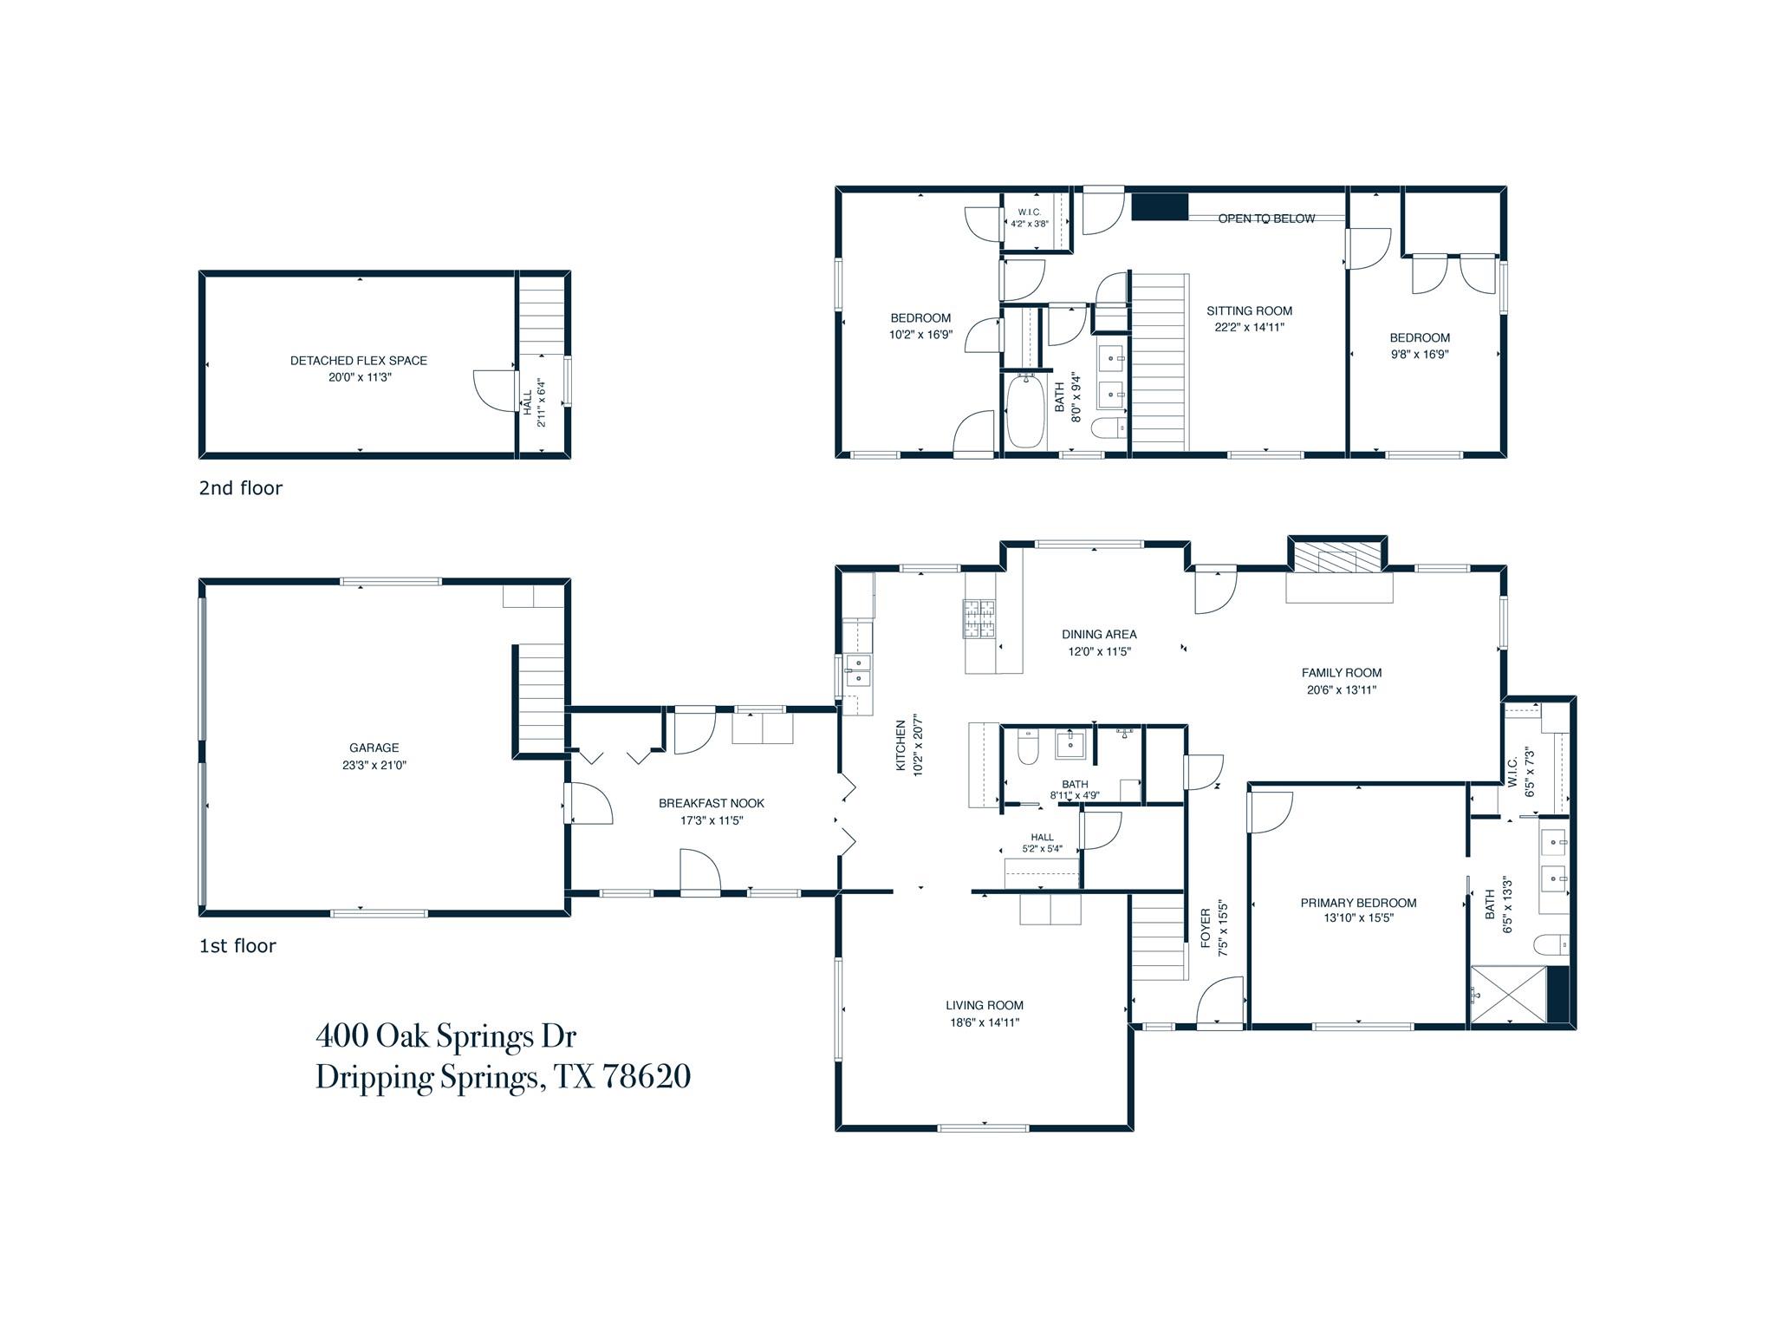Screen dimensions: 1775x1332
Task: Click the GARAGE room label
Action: point(374,748)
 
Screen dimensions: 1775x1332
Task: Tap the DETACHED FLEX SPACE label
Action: point(359,361)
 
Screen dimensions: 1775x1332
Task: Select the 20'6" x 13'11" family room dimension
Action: point(1342,690)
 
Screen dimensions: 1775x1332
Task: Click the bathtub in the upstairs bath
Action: point(1025,410)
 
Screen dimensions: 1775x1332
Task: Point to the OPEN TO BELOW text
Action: point(1266,219)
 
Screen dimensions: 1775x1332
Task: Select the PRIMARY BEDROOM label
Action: point(1358,903)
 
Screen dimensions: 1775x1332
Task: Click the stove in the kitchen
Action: point(980,620)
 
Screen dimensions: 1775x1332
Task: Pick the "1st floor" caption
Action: point(237,946)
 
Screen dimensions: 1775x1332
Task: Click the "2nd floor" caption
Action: point(241,488)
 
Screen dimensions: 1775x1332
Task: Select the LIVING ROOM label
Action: point(985,1005)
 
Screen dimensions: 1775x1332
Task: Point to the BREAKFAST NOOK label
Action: point(712,803)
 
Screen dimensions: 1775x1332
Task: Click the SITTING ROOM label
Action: point(1249,310)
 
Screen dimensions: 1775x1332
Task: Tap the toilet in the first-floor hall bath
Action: point(1028,748)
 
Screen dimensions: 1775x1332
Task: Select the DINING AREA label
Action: point(1099,634)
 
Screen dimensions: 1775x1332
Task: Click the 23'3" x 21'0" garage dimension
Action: point(374,766)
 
